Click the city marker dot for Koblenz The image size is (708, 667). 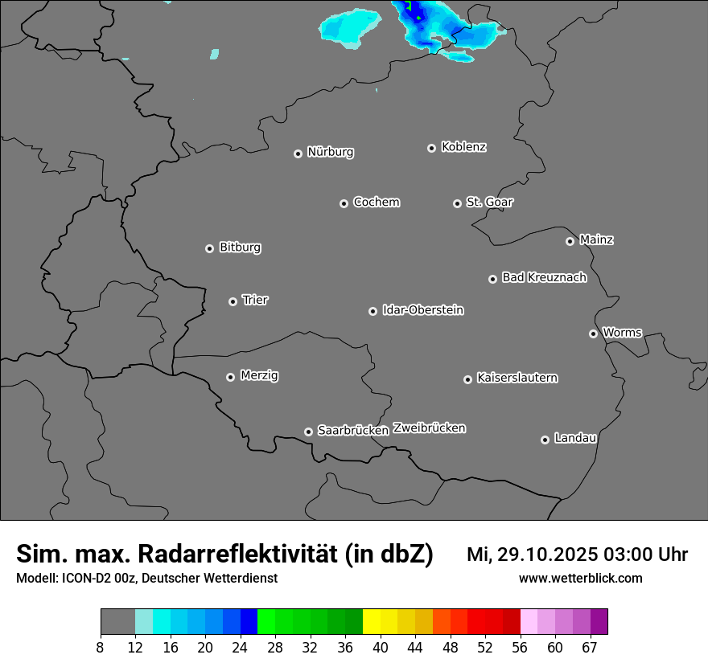point(432,148)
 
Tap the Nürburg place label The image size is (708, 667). point(330,152)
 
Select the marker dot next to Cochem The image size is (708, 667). point(344,203)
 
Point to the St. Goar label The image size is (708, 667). point(489,203)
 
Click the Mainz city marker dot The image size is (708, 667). point(570,241)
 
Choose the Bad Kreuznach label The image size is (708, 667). point(544,278)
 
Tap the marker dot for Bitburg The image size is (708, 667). point(210,248)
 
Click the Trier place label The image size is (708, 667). point(255,301)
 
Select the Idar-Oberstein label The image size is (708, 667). point(422,310)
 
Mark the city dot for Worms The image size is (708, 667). point(593,333)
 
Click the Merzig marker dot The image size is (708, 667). point(231,377)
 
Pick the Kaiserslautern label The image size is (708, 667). point(517,378)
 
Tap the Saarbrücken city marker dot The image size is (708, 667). point(308,432)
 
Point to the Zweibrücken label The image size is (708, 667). point(429,428)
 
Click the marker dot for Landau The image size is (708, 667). point(545,440)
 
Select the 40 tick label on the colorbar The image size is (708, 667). point(381,648)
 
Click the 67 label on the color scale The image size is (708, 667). point(590,648)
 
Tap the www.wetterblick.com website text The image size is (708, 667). point(580,578)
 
